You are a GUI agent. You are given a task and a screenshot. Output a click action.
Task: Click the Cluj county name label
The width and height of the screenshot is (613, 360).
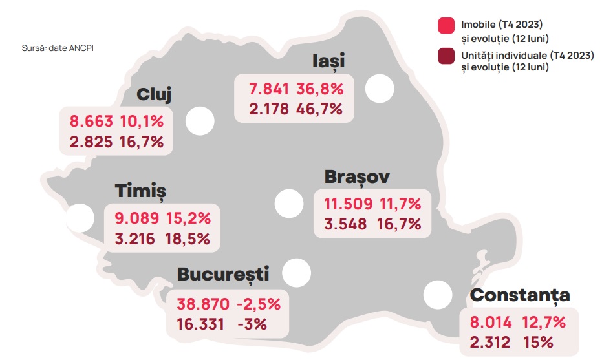pyautogui.click(x=154, y=95)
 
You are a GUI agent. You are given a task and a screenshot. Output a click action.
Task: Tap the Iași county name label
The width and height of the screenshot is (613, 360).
pyautogui.click(x=327, y=61)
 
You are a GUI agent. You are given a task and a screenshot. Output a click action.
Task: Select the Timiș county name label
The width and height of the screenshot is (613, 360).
pyautogui.click(x=140, y=191)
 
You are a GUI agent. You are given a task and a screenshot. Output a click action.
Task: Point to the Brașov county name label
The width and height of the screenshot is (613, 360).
pyautogui.click(x=358, y=177)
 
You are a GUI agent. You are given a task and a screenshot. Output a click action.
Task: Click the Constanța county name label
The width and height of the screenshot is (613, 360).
pyautogui.click(x=520, y=296)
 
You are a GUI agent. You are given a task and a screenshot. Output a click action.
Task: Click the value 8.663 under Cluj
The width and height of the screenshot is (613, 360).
pyautogui.click(x=91, y=121)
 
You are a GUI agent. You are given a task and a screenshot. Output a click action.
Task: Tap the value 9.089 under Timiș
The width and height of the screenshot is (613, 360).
pyautogui.click(x=132, y=217)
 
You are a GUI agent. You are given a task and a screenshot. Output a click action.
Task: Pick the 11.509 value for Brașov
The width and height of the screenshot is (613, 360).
pyautogui.click(x=349, y=204)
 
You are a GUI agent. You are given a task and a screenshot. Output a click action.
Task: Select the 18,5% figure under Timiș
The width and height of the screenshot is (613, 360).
pyautogui.click(x=188, y=238)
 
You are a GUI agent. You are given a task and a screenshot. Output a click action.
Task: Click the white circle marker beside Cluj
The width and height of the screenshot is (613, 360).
pyautogui.click(x=200, y=122)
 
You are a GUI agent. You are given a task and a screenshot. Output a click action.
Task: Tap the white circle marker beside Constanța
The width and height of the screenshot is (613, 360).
pyautogui.click(x=438, y=295)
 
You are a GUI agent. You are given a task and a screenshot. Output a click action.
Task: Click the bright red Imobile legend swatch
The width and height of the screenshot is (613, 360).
pyautogui.click(x=447, y=25)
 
